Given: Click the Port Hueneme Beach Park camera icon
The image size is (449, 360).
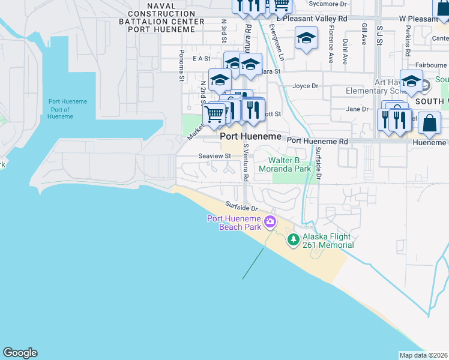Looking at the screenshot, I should pyautogui.click(x=270, y=222).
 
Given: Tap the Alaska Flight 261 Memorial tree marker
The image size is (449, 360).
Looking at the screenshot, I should pyautogui.click(x=293, y=240).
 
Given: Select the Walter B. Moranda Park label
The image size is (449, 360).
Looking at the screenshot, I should pyautogui.click(x=290, y=164).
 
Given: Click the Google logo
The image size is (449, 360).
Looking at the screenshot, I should pyautogui.click(x=20, y=353).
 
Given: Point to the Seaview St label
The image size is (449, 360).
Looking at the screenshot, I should pyautogui.click(x=215, y=156).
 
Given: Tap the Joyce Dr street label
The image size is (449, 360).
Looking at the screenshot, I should pyautogui.click(x=305, y=86).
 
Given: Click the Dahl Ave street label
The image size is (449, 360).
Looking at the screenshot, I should pyautogui.click(x=345, y=52).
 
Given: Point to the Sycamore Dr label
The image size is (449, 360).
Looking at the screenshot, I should pyautogui.click(x=327, y=4).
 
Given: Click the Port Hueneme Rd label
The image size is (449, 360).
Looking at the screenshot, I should pyautogui.click(x=318, y=141).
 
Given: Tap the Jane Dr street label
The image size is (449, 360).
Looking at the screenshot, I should pyautogui.click(x=357, y=109).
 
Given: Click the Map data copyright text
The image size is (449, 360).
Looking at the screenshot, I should pyautogui.click(x=424, y=355).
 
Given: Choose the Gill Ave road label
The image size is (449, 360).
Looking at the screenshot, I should pyautogui.click(x=364, y=35).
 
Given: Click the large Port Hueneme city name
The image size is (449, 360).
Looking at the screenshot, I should pyautogui.click(x=250, y=137).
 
